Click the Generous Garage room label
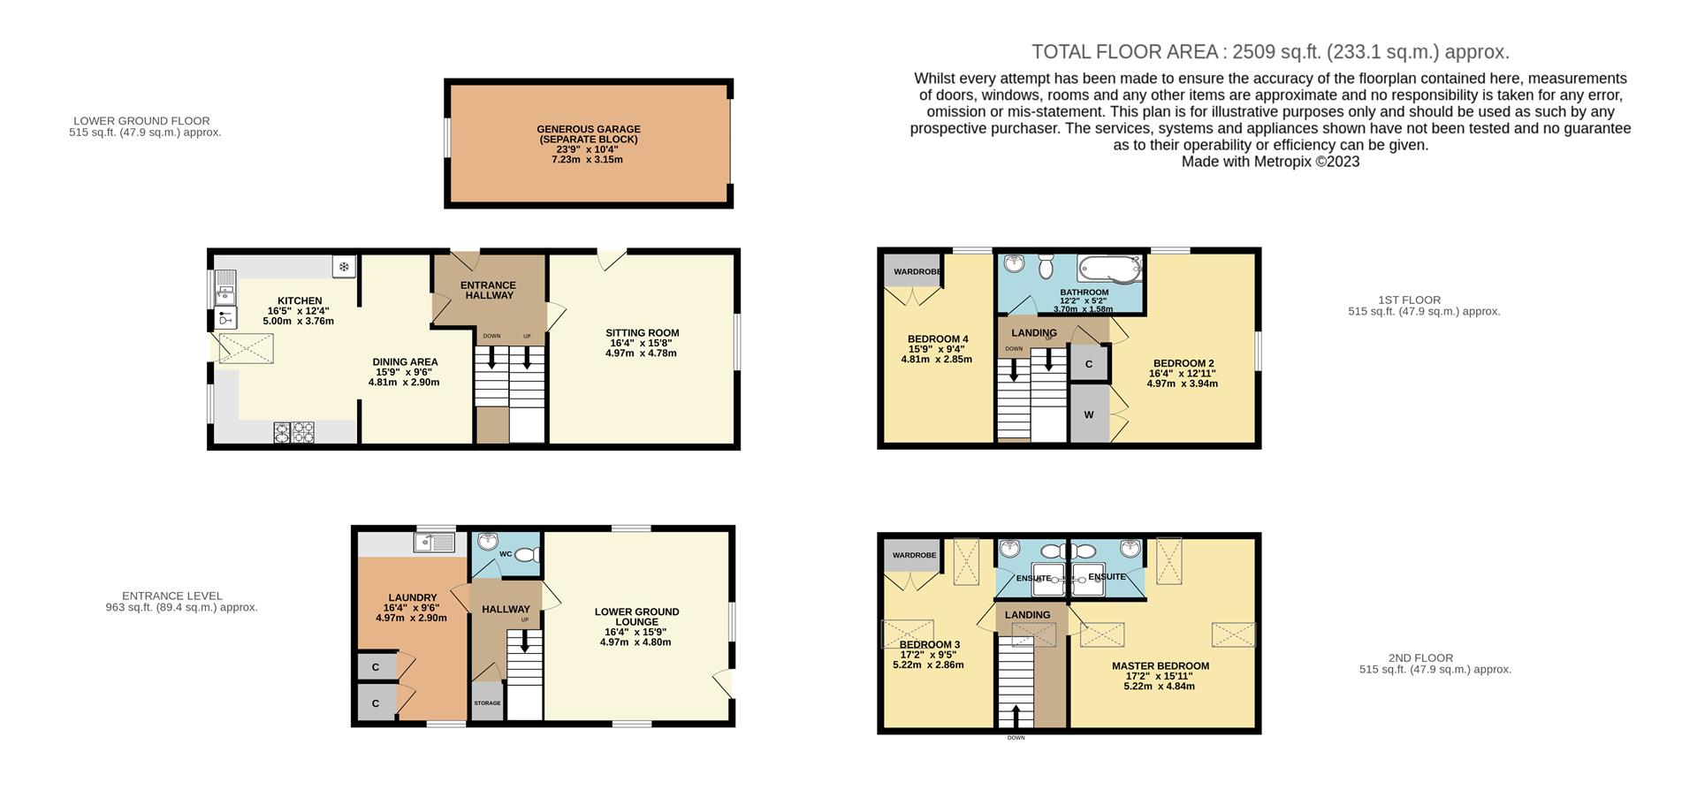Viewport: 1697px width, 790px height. click(x=589, y=144)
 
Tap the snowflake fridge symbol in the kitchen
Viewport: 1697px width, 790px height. click(x=345, y=266)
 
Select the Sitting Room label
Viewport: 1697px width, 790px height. click(x=642, y=343)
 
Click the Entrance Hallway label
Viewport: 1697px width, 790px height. click(x=489, y=290)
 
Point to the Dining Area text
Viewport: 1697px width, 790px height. click(x=405, y=372)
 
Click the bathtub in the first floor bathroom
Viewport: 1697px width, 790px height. click(x=1112, y=269)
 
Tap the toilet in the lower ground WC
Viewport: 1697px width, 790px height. click(x=529, y=555)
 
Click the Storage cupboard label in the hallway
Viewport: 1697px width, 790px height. click(x=487, y=703)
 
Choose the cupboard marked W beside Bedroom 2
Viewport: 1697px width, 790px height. click(x=1089, y=414)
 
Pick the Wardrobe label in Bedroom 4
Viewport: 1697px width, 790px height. click(x=917, y=271)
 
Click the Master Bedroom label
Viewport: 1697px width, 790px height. click(x=1161, y=676)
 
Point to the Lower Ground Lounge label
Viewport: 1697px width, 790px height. click(x=636, y=627)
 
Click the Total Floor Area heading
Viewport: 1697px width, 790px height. click(x=1270, y=52)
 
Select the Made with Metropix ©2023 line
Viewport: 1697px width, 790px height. click(x=1270, y=162)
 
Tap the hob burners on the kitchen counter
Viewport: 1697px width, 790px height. click(x=294, y=431)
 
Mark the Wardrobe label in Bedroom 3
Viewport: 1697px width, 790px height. click(x=914, y=555)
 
